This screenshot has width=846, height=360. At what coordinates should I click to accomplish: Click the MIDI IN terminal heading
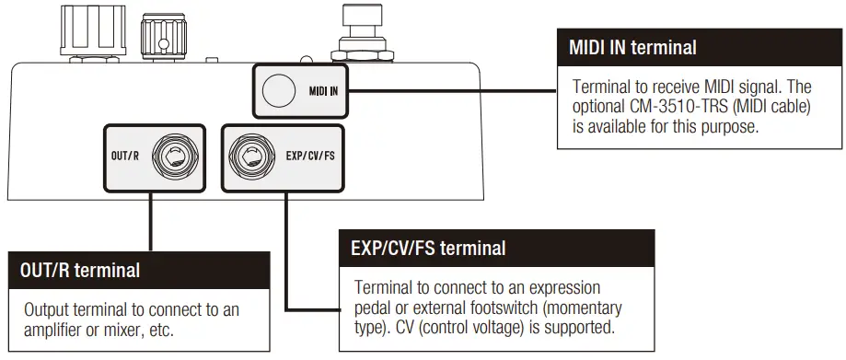click(632, 47)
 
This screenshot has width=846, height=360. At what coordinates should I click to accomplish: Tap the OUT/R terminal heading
click(80, 271)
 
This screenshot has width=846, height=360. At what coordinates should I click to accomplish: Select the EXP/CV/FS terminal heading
click(428, 248)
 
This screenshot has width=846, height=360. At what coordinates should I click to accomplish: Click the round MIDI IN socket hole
click(275, 89)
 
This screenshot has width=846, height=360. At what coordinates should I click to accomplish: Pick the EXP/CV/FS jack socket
click(250, 157)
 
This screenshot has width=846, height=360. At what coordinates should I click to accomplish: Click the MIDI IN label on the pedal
click(323, 90)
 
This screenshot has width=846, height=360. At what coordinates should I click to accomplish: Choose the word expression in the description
click(563, 288)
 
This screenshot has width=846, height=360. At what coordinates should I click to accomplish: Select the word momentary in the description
click(585, 308)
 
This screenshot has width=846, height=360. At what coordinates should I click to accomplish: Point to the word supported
click(577, 327)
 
